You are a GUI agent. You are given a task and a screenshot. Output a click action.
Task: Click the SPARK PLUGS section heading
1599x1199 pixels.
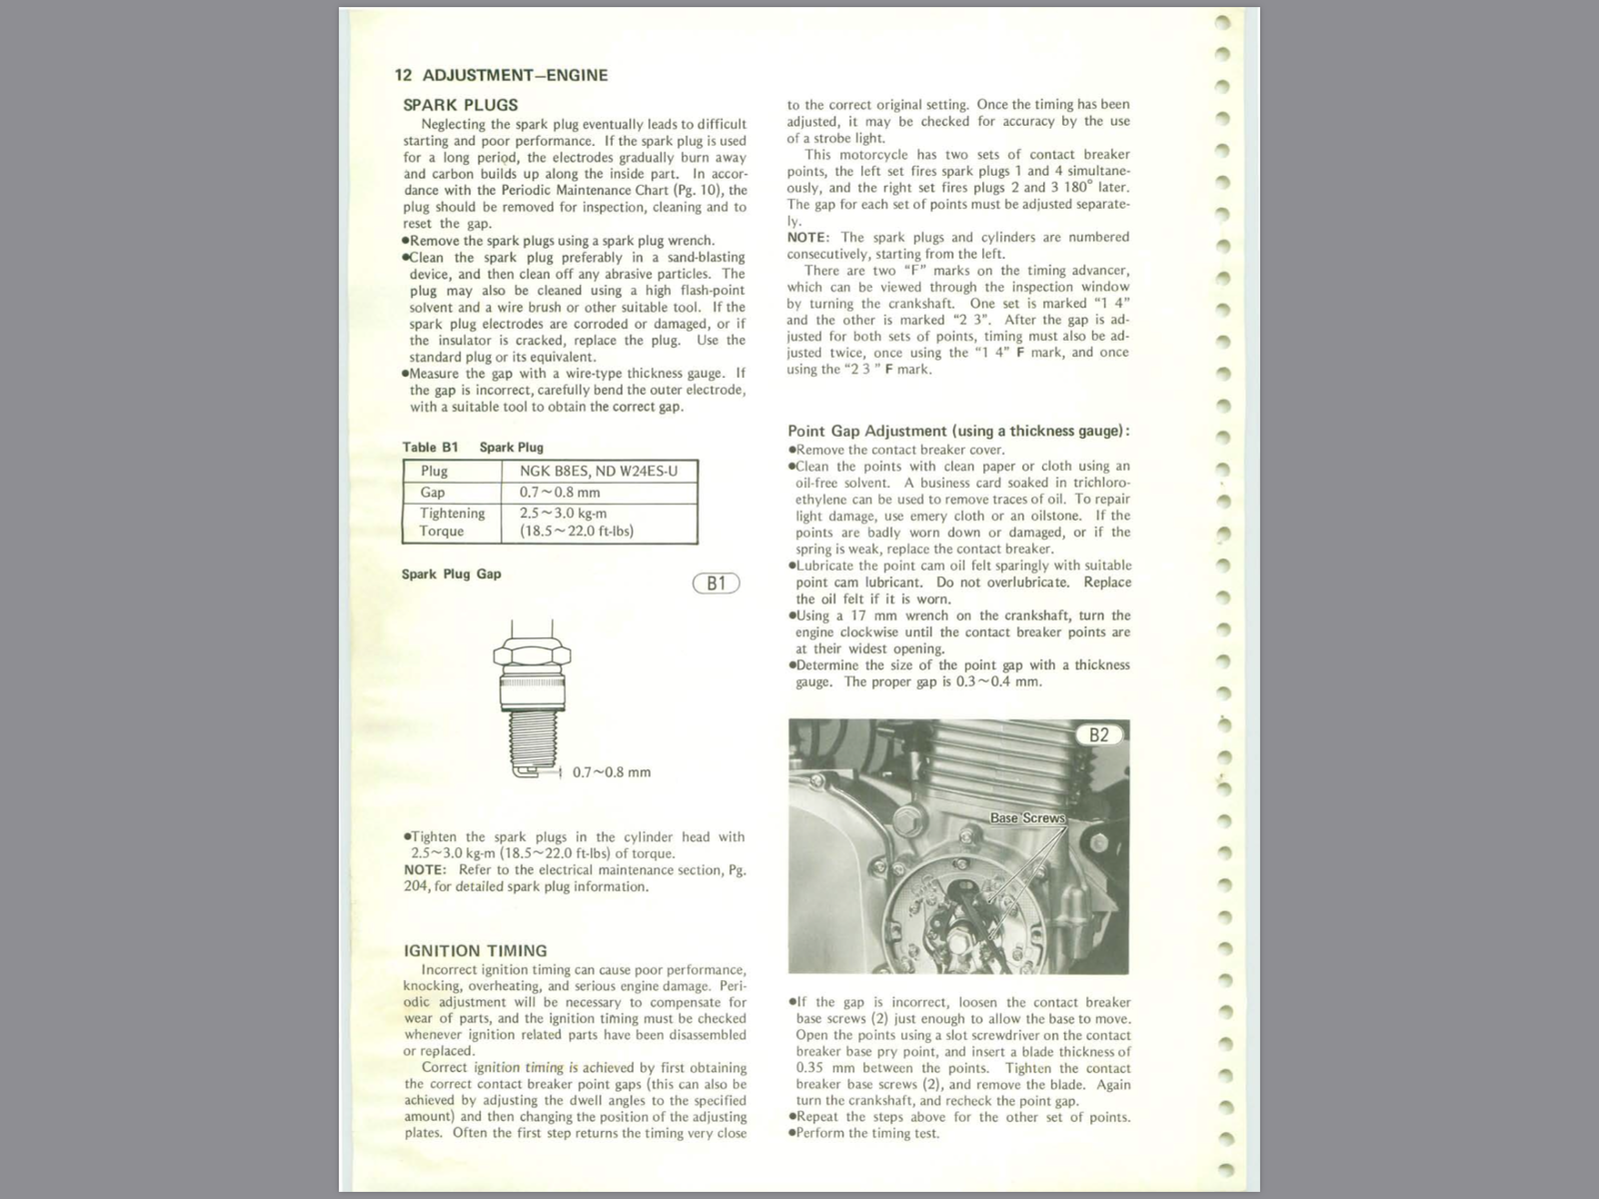[x=460, y=105]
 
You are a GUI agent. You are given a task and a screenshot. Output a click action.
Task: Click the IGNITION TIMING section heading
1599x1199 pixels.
[x=475, y=950]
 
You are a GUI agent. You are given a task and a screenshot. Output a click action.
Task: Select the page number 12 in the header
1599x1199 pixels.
[x=403, y=75]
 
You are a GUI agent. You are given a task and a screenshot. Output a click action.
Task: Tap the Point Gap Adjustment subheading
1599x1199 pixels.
[x=958, y=431]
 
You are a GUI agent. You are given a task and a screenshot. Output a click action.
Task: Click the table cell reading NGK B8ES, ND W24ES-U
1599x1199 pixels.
[x=598, y=471]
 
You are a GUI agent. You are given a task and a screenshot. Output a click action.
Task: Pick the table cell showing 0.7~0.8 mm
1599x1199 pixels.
[x=559, y=492]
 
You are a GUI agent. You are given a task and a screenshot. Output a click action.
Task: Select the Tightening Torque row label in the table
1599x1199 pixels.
[x=452, y=522]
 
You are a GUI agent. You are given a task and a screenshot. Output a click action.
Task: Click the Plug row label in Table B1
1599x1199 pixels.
[x=434, y=471]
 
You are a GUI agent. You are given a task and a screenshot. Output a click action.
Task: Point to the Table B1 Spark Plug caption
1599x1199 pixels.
[x=473, y=447]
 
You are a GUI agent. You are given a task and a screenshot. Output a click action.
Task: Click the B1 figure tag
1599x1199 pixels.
[x=716, y=584]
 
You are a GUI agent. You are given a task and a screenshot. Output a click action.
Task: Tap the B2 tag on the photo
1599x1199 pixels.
[x=1098, y=735]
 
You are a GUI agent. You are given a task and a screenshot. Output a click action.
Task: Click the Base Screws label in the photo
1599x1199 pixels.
[x=1027, y=818]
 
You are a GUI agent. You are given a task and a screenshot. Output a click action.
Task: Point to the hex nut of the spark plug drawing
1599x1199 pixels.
[x=532, y=657]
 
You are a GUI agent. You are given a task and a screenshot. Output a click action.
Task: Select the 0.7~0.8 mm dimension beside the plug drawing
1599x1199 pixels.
[x=611, y=772]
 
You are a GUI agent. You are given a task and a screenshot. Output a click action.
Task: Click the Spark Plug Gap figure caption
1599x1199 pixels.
[x=451, y=574]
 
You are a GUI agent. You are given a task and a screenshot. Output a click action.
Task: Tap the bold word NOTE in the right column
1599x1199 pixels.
[x=807, y=237]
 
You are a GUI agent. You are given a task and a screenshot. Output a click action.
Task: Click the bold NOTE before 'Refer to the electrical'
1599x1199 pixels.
[x=425, y=869]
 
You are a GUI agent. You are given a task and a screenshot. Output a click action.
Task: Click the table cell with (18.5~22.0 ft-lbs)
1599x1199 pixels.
[x=576, y=531]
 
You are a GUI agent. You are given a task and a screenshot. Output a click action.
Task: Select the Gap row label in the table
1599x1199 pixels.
[x=433, y=492]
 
